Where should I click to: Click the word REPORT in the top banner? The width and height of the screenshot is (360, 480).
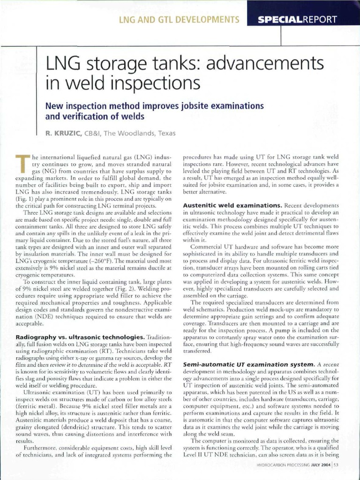[320, 19]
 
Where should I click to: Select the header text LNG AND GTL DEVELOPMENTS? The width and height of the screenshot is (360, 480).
[179, 19]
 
